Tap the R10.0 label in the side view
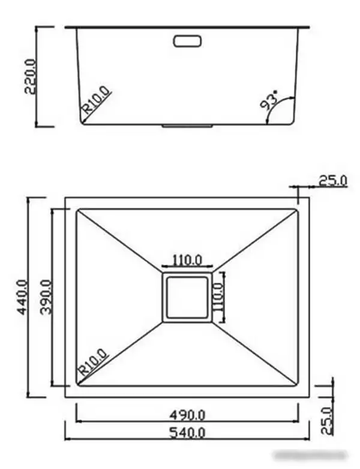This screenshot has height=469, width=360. [x=96, y=101]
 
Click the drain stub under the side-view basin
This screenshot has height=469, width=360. [x=188, y=126]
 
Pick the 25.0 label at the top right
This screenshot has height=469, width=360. [x=332, y=180]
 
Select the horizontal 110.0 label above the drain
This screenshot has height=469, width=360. [x=187, y=261]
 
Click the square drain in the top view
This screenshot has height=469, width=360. [x=187, y=298]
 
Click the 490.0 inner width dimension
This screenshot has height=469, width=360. [x=187, y=414]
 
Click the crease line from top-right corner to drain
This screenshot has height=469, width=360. [x=255, y=240]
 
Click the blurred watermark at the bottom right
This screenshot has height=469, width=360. [x=319, y=456]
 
